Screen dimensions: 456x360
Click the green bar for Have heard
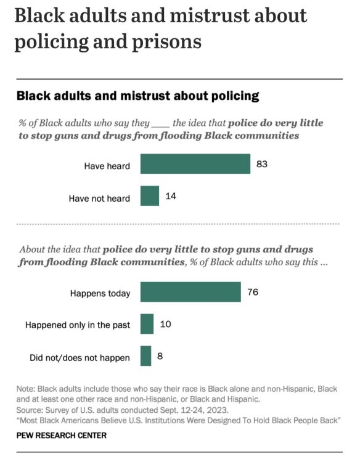pyautogui.click(x=195, y=165)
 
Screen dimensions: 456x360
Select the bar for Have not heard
pyautogui.click(x=150, y=196)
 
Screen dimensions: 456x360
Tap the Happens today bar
pyautogui.click(x=190, y=292)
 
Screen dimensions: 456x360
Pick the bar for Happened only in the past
pyautogui.click(x=147, y=324)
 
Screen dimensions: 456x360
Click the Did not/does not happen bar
pyautogui.click(x=145, y=356)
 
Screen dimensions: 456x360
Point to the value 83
pyautogui.click(x=261, y=164)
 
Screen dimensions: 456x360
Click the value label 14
pyautogui.click(x=171, y=196)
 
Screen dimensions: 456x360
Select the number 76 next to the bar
pyautogui.click(x=252, y=292)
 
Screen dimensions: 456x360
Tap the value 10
pyautogui.click(x=165, y=324)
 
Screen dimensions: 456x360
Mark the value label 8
pyautogui.click(x=160, y=356)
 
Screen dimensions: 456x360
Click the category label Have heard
pyautogui.click(x=107, y=165)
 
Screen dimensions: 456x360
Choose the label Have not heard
pyautogui.click(x=100, y=198)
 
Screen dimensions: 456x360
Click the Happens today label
pyautogui.click(x=100, y=293)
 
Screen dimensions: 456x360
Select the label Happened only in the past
pyautogui.click(x=78, y=325)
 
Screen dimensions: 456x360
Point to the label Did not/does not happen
pyautogui.click(x=80, y=358)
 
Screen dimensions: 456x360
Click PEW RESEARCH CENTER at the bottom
pyautogui.click(x=61, y=435)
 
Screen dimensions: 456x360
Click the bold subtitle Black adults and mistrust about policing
pyautogui.click(x=137, y=96)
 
